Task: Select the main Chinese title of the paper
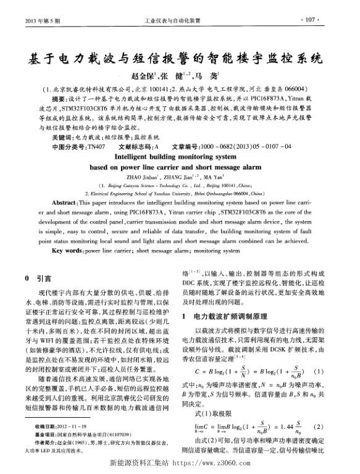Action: (180, 60)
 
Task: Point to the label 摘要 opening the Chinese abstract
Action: (60, 98)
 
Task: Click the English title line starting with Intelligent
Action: (180, 157)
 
